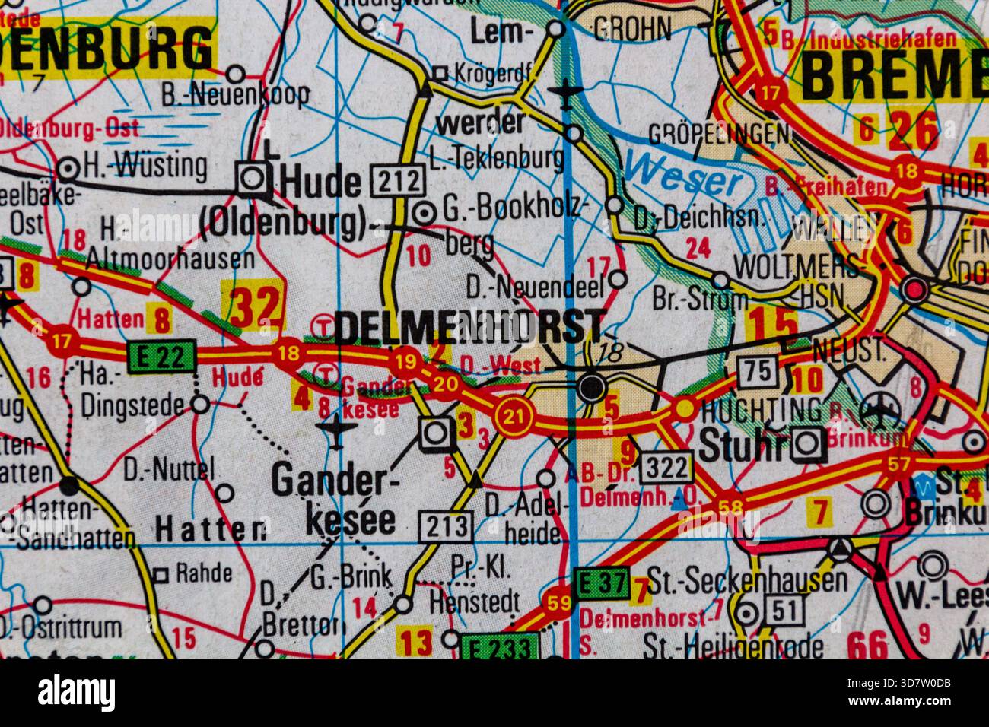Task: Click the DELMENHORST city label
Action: click(x=469, y=327)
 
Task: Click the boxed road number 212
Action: click(x=396, y=181)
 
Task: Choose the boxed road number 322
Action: click(x=666, y=467)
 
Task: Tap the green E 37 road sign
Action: click(x=600, y=584)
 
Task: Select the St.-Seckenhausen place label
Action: click(x=746, y=580)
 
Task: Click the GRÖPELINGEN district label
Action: click(x=717, y=135)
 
